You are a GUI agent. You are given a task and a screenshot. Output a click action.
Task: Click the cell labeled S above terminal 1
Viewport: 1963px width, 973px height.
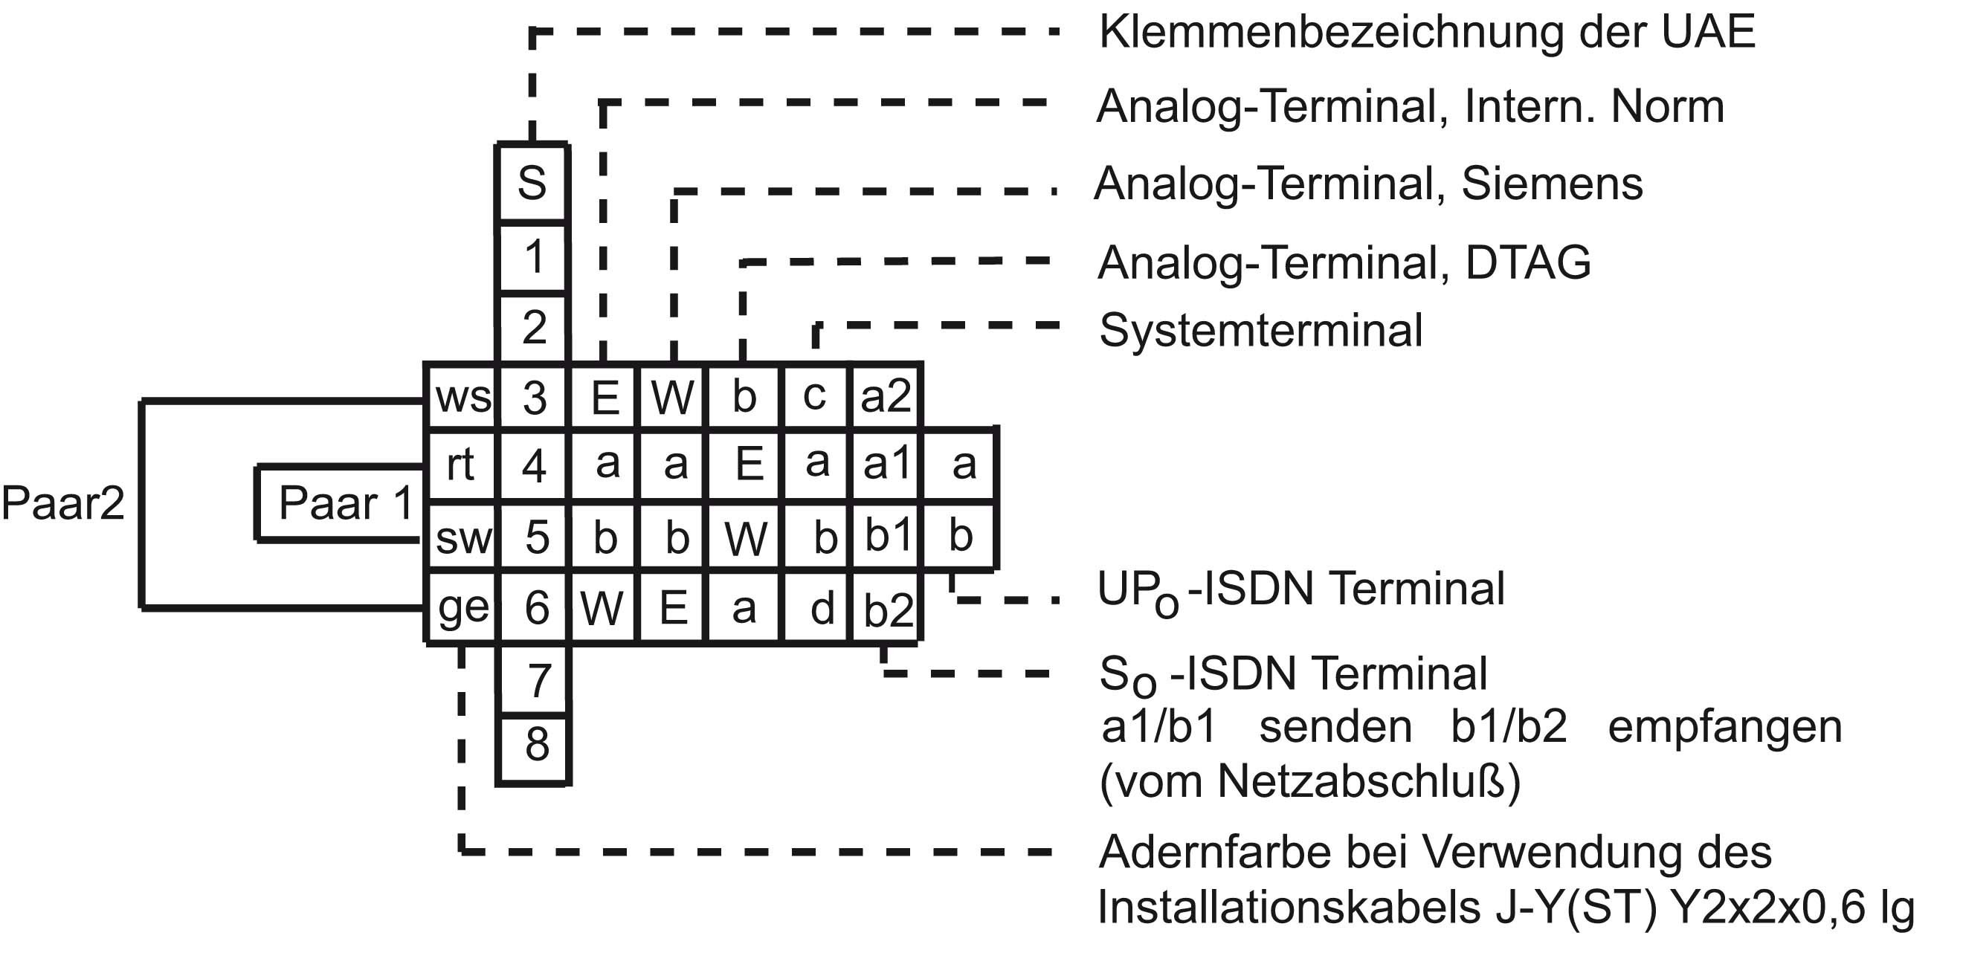(532, 183)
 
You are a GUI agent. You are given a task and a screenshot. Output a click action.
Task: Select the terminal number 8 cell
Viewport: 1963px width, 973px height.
(536, 744)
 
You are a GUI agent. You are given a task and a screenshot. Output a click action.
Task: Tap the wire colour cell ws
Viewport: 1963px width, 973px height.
(462, 396)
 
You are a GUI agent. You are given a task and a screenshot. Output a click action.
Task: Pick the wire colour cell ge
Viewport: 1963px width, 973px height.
(462, 607)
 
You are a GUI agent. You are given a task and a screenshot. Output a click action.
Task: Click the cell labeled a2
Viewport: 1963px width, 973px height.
(885, 396)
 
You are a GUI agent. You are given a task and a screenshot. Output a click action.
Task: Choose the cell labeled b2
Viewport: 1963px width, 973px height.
(888, 610)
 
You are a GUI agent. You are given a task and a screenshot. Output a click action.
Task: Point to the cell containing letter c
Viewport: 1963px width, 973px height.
(814, 395)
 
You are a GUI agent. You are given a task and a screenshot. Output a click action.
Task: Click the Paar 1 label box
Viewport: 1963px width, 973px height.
(344, 503)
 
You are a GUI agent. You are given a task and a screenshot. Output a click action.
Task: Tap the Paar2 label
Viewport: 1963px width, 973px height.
(62, 503)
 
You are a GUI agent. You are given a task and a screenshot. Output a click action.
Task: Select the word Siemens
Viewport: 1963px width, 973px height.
(1552, 184)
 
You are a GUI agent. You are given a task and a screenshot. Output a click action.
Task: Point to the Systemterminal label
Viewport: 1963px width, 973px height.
(1260, 331)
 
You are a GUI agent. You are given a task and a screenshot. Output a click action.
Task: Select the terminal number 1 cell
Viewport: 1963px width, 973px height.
(533, 256)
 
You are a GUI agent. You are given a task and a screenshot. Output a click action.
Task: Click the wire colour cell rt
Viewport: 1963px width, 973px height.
(460, 464)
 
